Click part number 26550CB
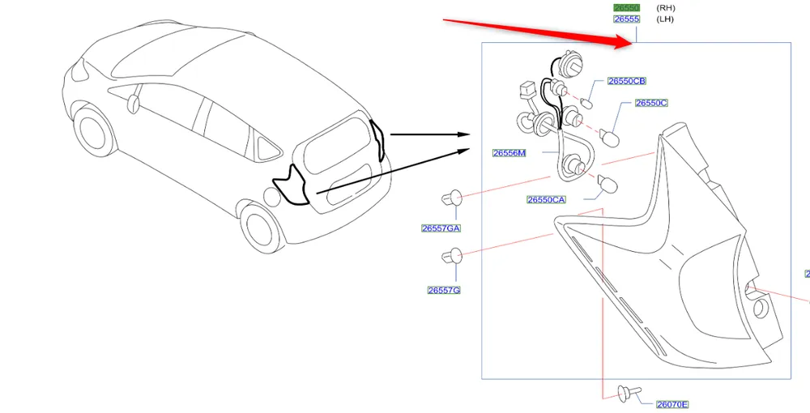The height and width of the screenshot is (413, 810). point(627,81)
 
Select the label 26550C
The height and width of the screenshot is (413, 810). point(651,103)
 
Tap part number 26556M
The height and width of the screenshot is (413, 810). point(509,153)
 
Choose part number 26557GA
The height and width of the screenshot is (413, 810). point(441,228)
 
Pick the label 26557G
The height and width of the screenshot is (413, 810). point(444,290)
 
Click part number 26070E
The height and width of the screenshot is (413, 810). point(672,404)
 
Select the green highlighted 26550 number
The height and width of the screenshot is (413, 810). point(626,7)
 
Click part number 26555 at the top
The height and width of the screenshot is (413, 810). point(626,19)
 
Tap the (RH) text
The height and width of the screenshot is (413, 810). point(666,7)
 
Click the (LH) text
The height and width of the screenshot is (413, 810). point(665,19)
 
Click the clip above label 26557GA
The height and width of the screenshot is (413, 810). point(451,197)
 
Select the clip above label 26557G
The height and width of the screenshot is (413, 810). point(451,258)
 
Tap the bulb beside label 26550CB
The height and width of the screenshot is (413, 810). point(588,103)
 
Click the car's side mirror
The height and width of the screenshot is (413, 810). point(134,103)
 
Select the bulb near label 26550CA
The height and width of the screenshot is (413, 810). point(605,185)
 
